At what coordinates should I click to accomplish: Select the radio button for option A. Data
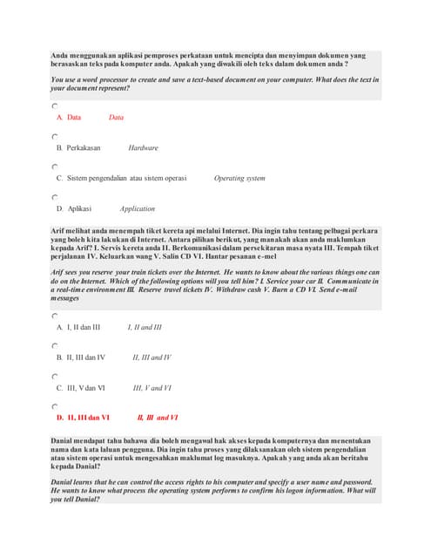pyautogui.click(x=54, y=106)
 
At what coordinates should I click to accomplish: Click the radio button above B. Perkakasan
pyautogui.click(x=54, y=137)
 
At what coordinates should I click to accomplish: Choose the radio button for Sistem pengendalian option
pyautogui.click(x=54, y=167)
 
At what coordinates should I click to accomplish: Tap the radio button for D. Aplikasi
pyautogui.click(x=54, y=198)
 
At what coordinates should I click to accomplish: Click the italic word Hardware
pyautogui.click(x=143, y=148)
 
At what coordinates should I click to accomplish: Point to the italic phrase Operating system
pyautogui.click(x=239, y=179)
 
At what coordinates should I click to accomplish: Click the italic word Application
pyautogui.click(x=138, y=209)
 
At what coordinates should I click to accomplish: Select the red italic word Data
pyautogui.click(x=116, y=118)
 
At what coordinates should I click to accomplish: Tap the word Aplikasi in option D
pyautogui.click(x=80, y=209)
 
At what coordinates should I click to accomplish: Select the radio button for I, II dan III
pyautogui.click(x=54, y=316)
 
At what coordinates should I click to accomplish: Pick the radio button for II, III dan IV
pyautogui.click(x=54, y=346)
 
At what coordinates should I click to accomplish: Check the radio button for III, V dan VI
pyautogui.click(x=54, y=377)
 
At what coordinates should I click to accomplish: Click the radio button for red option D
pyautogui.click(x=54, y=407)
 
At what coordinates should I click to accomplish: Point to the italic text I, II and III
pyautogui.click(x=145, y=328)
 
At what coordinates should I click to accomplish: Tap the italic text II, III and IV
pyautogui.click(x=152, y=357)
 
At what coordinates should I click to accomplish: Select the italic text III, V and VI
pyautogui.click(x=152, y=388)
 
